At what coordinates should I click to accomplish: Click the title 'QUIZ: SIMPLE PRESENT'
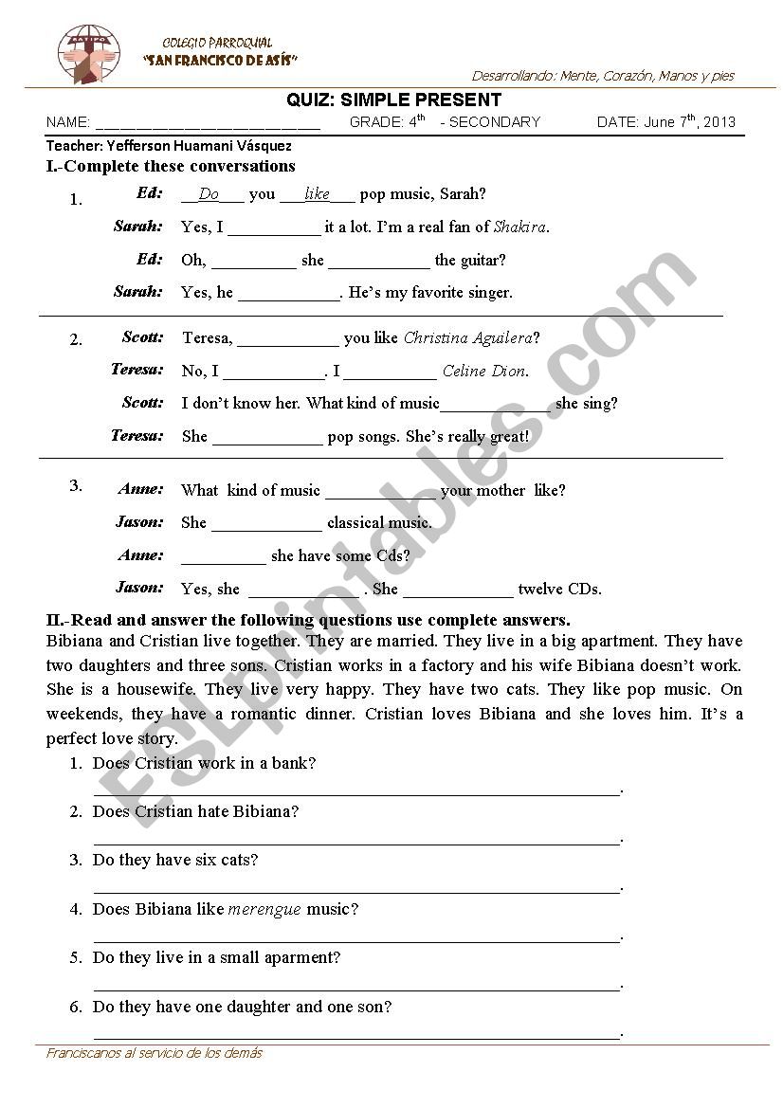[393, 100]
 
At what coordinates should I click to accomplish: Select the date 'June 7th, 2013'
[689, 121]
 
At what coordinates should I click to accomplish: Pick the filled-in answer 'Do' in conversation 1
[209, 194]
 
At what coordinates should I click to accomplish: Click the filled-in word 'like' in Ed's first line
[317, 194]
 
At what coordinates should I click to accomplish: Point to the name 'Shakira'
[519, 227]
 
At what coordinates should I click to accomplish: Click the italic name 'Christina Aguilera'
[467, 337]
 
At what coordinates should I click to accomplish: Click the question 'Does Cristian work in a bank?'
[204, 763]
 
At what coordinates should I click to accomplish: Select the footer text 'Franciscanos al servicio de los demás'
[155, 1053]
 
